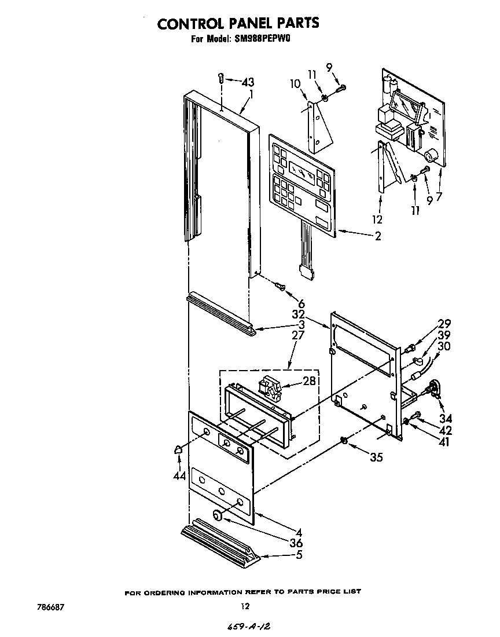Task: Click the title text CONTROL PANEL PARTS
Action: (x=238, y=23)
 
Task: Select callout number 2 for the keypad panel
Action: (x=377, y=236)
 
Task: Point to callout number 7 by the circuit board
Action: (x=439, y=196)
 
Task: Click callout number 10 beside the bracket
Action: (x=295, y=84)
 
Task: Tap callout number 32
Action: (x=298, y=315)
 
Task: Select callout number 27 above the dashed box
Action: (x=298, y=336)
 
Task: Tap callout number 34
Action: (x=446, y=418)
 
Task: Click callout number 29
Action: (x=444, y=324)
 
